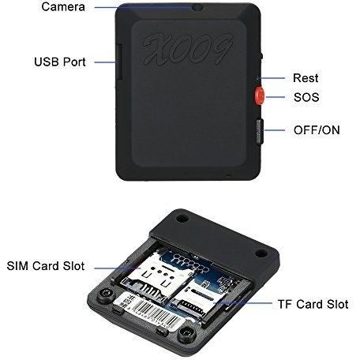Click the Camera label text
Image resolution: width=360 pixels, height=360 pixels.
(63, 7)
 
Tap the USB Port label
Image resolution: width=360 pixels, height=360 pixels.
(60, 62)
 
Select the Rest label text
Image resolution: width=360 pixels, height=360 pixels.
(306, 78)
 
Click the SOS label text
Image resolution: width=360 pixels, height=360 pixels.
(306, 97)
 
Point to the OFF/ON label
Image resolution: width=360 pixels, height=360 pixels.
(317, 130)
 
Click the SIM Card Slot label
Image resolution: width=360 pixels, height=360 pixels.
(46, 266)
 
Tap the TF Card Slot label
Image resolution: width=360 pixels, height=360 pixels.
(313, 305)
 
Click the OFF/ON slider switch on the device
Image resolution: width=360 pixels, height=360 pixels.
(260, 131)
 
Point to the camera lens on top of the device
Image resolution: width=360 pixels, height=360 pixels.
(198, 7)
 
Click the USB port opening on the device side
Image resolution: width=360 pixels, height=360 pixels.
(119, 62)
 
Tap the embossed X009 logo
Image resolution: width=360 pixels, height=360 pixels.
(187, 49)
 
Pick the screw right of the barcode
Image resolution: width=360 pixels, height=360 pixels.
(187, 333)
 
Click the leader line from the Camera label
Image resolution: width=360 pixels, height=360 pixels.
(144, 7)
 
